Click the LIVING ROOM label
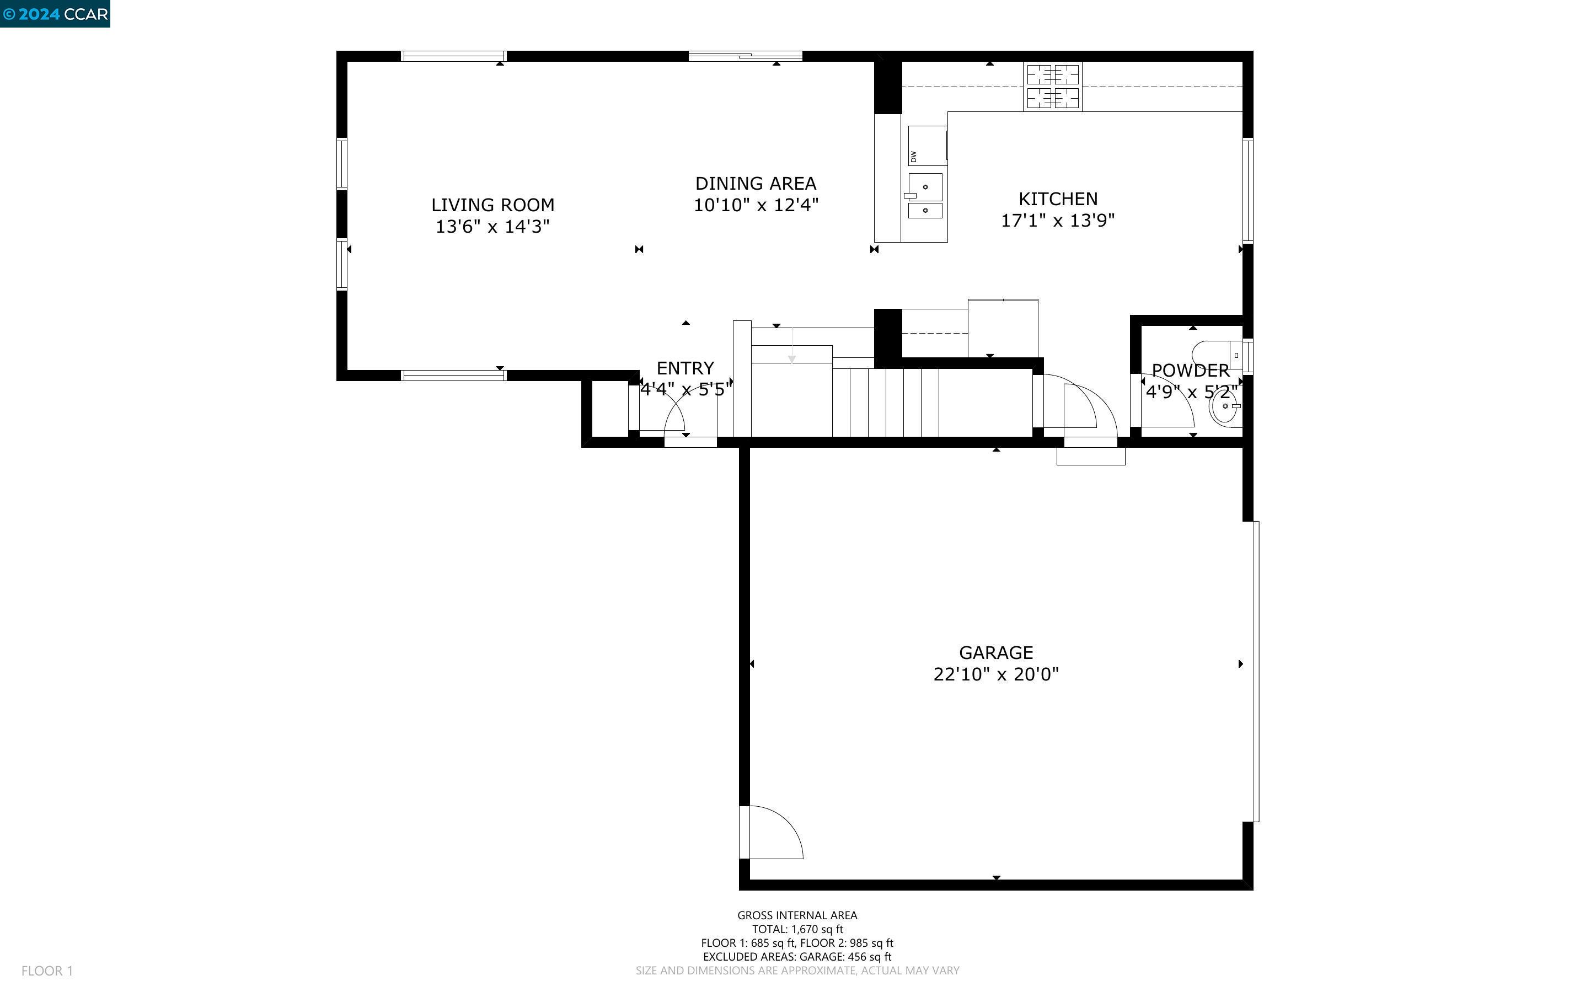[492, 205]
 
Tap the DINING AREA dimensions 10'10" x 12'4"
[756, 205]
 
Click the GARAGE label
[995, 652]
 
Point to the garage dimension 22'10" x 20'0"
[995, 674]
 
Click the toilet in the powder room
[1216, 355]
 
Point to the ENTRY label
[685, 368]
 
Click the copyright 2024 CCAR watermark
[55, 14]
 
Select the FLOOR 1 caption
[47, 971]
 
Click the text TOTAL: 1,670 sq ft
[797, 929]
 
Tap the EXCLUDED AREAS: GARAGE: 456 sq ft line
[797, 957]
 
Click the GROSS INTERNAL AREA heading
[797, 915]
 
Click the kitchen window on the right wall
[1247, 191]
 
